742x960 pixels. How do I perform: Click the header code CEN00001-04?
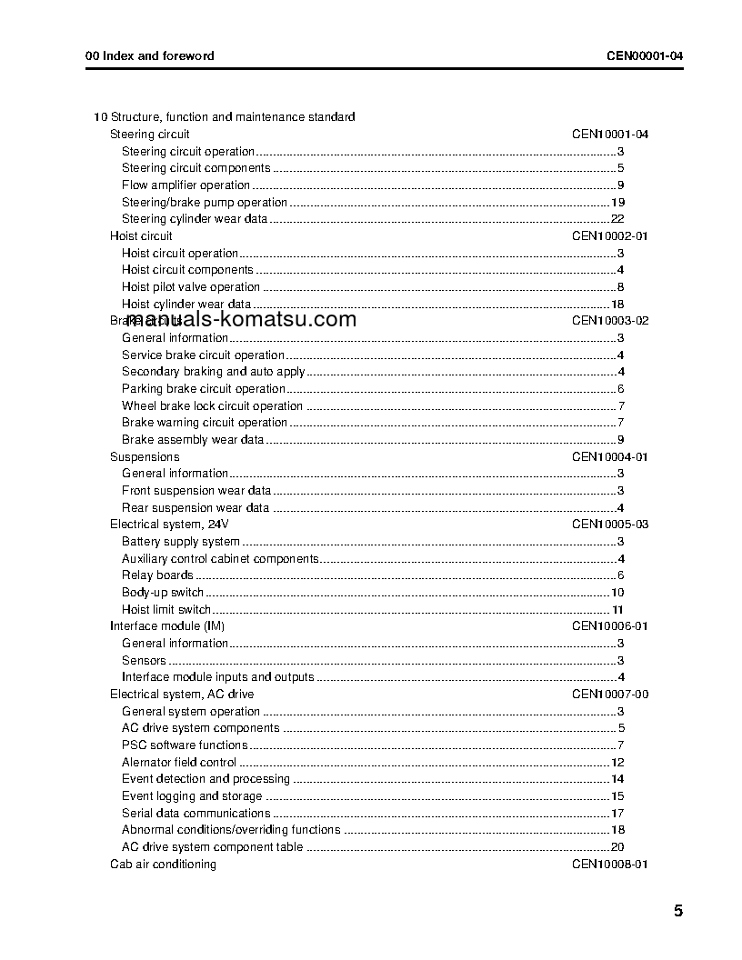point(645,55)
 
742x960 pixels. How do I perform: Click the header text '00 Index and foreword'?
point(150,55)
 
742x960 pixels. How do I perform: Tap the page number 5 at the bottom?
point(678,911)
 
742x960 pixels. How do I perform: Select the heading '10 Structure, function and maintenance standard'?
point(225,116)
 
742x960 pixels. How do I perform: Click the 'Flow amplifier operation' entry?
point(185,185)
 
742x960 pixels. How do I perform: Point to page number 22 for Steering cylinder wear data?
point(617,219)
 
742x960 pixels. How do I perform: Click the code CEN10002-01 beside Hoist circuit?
point(609,236)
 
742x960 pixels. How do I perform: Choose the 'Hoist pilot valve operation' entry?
point(191,287)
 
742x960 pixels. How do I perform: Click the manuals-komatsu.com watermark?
point(233,319)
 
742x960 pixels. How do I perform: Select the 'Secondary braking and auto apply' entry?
point(213,372)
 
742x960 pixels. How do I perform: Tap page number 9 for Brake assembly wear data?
point(619,440)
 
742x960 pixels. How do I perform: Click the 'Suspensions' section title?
point(145,457)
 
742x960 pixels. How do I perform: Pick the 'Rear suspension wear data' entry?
point(196,508)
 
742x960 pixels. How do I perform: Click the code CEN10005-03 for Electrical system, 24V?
point(609,525)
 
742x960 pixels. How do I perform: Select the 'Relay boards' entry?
point(157,575)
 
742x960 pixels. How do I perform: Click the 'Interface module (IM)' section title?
point(167,626)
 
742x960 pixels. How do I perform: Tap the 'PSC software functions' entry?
point(185,745)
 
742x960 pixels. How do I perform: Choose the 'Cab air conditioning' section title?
point(163,865)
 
